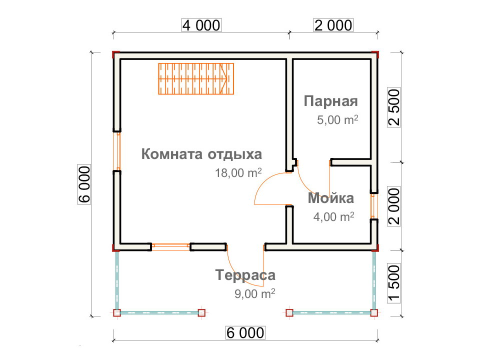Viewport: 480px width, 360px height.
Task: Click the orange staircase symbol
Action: pyautogui.click(x=196, y=78)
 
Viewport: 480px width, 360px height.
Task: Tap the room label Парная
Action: pyautogui.click(x=330, y=101)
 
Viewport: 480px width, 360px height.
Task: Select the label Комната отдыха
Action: pyautogui.click(x=201, y=154)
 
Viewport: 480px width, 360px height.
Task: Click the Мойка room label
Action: pyautogui.click(x=331, y=198)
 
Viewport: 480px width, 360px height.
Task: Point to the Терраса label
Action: pyautogui.click(x=245, y=275)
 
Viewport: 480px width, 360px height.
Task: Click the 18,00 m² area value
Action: pyautogui.click(x=238, y=172)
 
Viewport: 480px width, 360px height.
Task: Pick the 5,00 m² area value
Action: pyautogui.click(x=337, y=119)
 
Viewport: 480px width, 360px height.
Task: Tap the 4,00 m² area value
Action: pyautogui.click(x=333, y=216)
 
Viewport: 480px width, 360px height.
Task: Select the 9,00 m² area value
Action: pyautogui.click(x=254, y=293)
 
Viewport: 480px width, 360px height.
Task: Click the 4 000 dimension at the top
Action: pyautogui.click(x=201, y=25)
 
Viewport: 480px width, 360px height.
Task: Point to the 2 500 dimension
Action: pyautogui.click(x=394, y=107)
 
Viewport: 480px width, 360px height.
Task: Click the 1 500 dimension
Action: pyautogui.click(x=394, y=283)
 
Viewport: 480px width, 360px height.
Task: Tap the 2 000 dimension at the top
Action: pyautogui.click(x=333, y=25)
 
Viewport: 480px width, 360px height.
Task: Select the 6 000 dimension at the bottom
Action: pyautogui.click(x=245, y=333)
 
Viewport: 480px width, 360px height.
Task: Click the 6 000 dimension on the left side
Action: pyautogui.click(x=84, y=184)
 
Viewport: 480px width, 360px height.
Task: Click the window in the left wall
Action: pyautogui.click(x=117, y=151)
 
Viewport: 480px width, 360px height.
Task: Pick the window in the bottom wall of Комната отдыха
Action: pyautogui.click(x=171, y=246)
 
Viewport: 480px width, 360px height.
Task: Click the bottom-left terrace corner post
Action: pyautogui.click(x=117, y=313)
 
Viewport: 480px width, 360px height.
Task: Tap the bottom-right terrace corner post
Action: pyautogui.click(x=374, y=313)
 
